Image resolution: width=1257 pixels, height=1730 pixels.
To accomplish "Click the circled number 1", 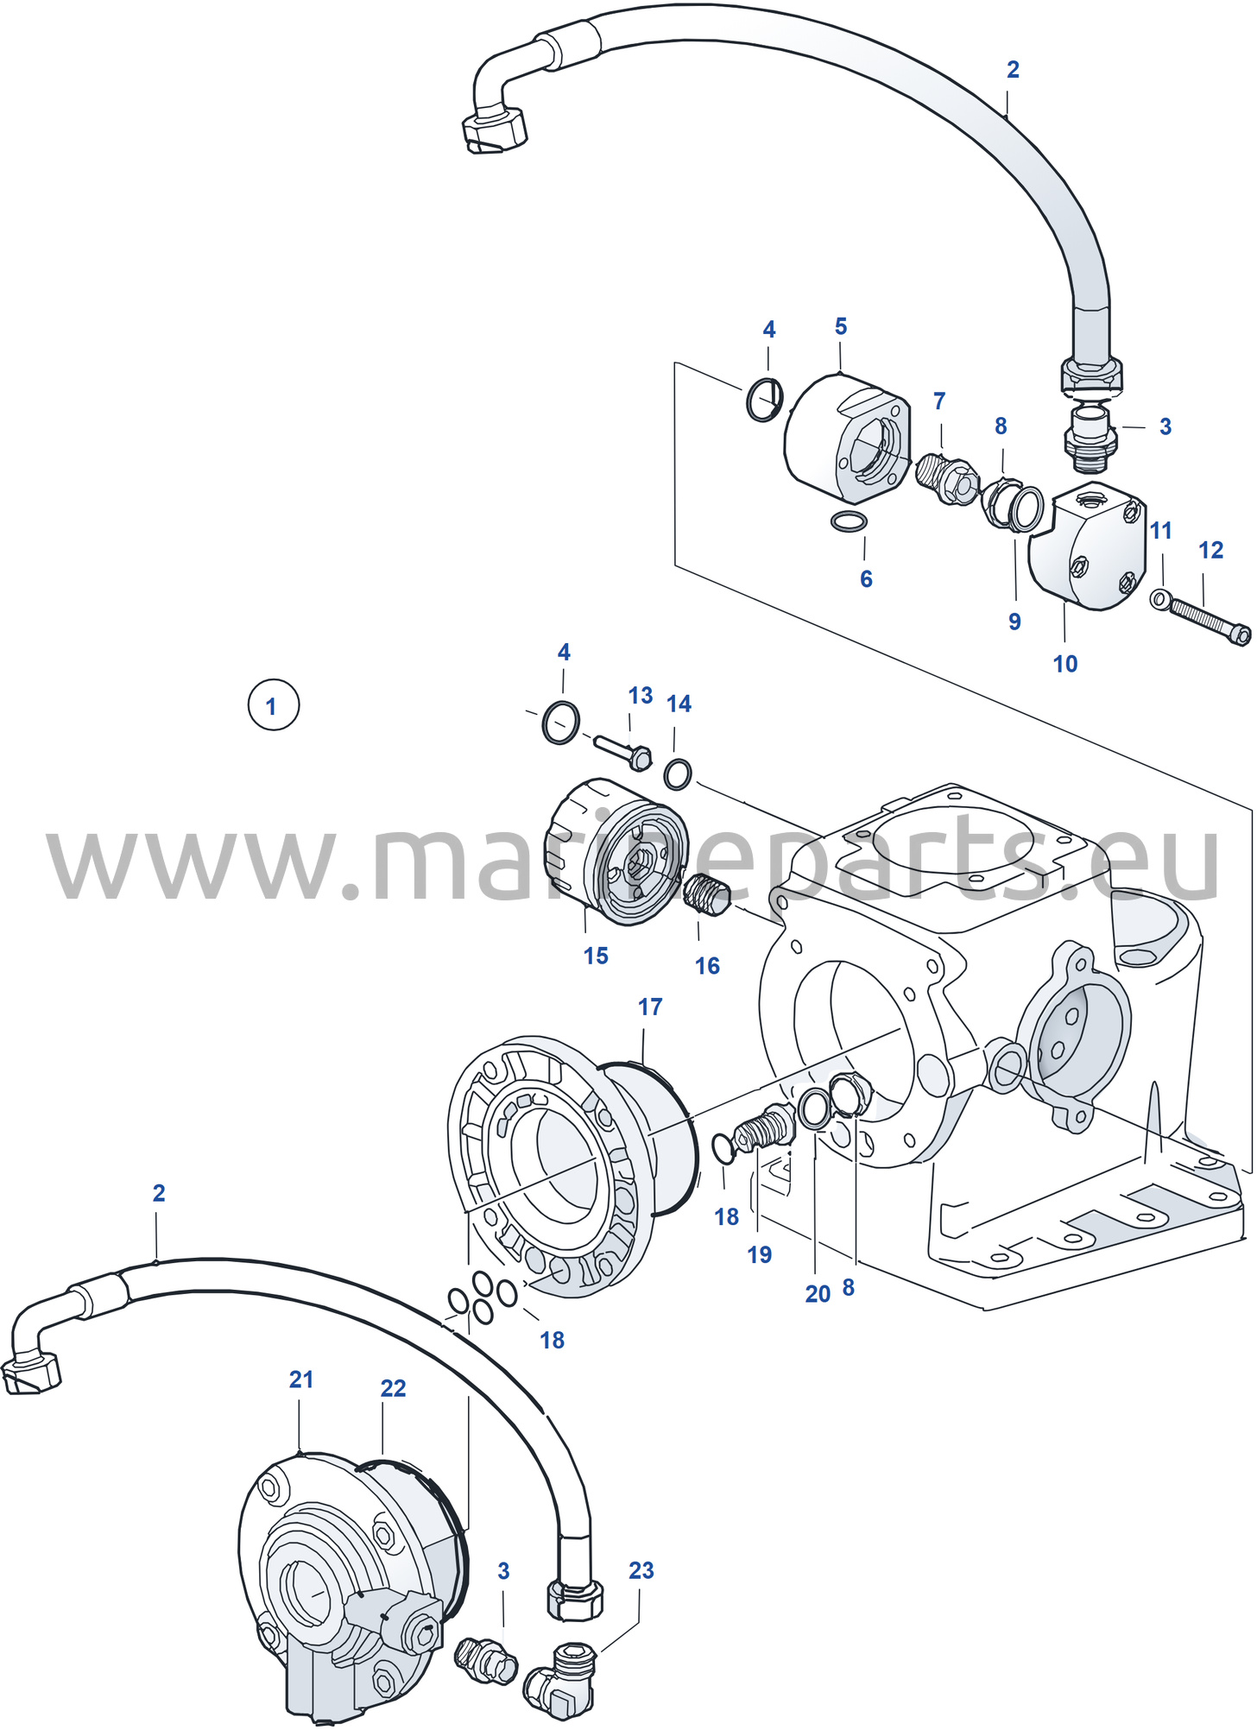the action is coord(273,705).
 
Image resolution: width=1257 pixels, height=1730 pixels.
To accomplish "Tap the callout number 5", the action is coord(841,326).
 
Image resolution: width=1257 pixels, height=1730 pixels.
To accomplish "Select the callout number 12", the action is coord(1210,550).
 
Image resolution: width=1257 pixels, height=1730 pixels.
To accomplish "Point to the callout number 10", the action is coord(1065,664).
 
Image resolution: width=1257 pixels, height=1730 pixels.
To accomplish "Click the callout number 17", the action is coord(650,1007).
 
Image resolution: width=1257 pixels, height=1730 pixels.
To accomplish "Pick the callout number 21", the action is coord(301,1380).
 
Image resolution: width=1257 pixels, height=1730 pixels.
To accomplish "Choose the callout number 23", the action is coord(641,1570).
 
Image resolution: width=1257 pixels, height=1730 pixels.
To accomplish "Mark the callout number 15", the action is coord(596,956).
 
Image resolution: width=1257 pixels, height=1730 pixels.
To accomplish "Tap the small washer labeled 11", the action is coord(1161,597).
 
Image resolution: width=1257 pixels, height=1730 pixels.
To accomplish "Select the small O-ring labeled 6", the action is coord(850,521).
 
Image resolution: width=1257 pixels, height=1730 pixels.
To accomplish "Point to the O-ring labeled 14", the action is coord(678,773).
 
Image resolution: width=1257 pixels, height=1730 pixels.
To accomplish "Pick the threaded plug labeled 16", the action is coord(708,894).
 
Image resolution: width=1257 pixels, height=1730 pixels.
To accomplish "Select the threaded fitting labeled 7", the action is coord(947,479).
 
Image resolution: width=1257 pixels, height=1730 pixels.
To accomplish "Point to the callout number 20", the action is coord(818,1293).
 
